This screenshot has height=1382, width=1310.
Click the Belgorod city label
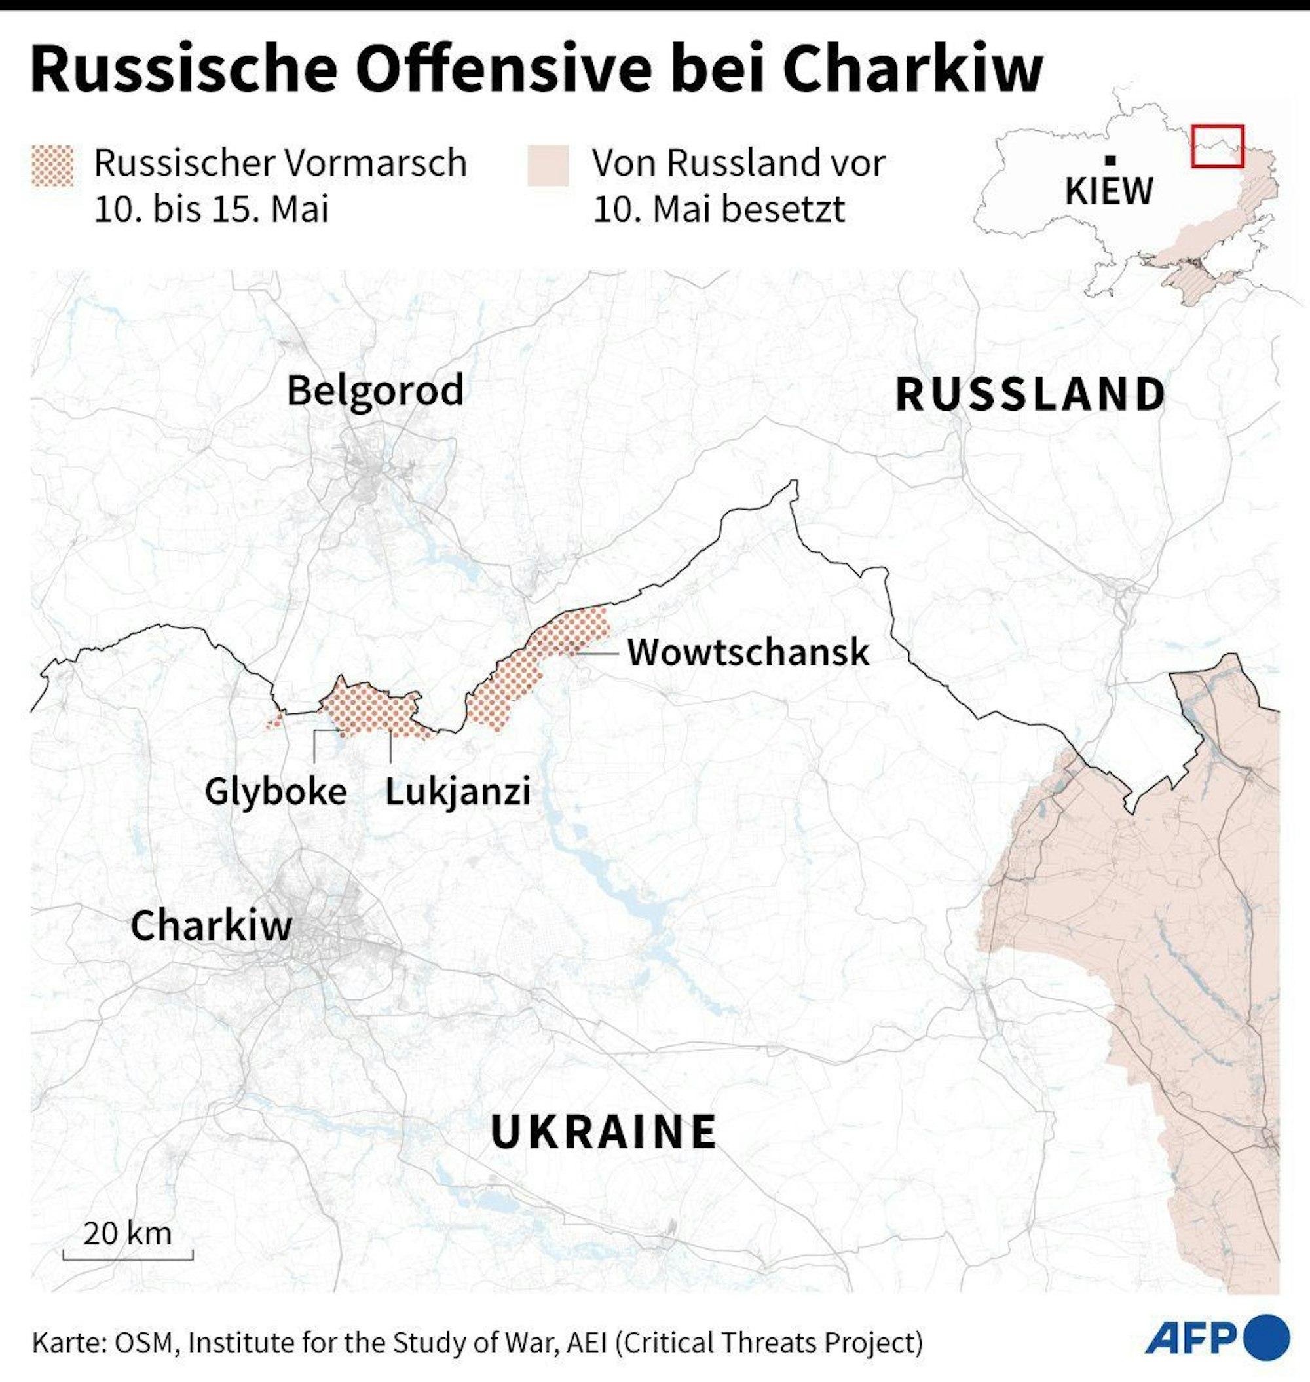click(375, 390)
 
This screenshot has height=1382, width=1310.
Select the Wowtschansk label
click(748, 652)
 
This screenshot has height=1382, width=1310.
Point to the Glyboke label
click(275, 791)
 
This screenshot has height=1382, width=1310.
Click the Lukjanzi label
click(457, 791)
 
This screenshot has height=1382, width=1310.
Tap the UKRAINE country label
click(603, 1132)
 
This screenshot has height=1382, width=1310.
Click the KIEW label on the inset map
click(1109, 191)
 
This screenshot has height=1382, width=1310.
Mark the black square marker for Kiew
click(1110, 160)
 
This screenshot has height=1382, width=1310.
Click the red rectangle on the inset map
click(1217, 146)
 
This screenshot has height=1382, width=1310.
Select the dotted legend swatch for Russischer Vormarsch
click(52, 166)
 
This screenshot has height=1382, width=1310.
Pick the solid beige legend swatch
click(548, 166)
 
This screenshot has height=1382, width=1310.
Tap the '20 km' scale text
click(128, 1233)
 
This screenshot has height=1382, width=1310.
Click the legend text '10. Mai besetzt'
click(719, 208)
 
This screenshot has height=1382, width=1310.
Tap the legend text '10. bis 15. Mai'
click(211, 208)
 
